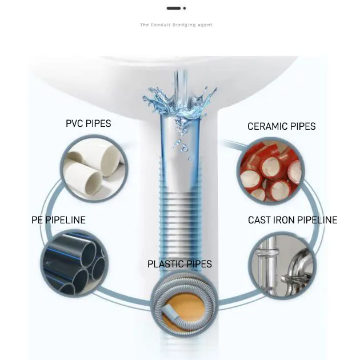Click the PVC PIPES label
click(x=88, y=123)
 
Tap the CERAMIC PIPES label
click(x=281, y=126)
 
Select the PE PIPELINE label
click(x=58, y=220)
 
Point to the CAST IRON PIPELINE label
click(x=293, y=220)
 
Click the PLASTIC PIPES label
click(x=179, y=264)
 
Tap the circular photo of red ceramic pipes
click(x=269, y=171)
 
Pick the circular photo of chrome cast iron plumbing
click(x=283, y=263)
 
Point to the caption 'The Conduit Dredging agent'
click(x=176, y=25)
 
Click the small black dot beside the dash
click(x=185, y=8)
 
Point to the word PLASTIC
click(x=166, y=264)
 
